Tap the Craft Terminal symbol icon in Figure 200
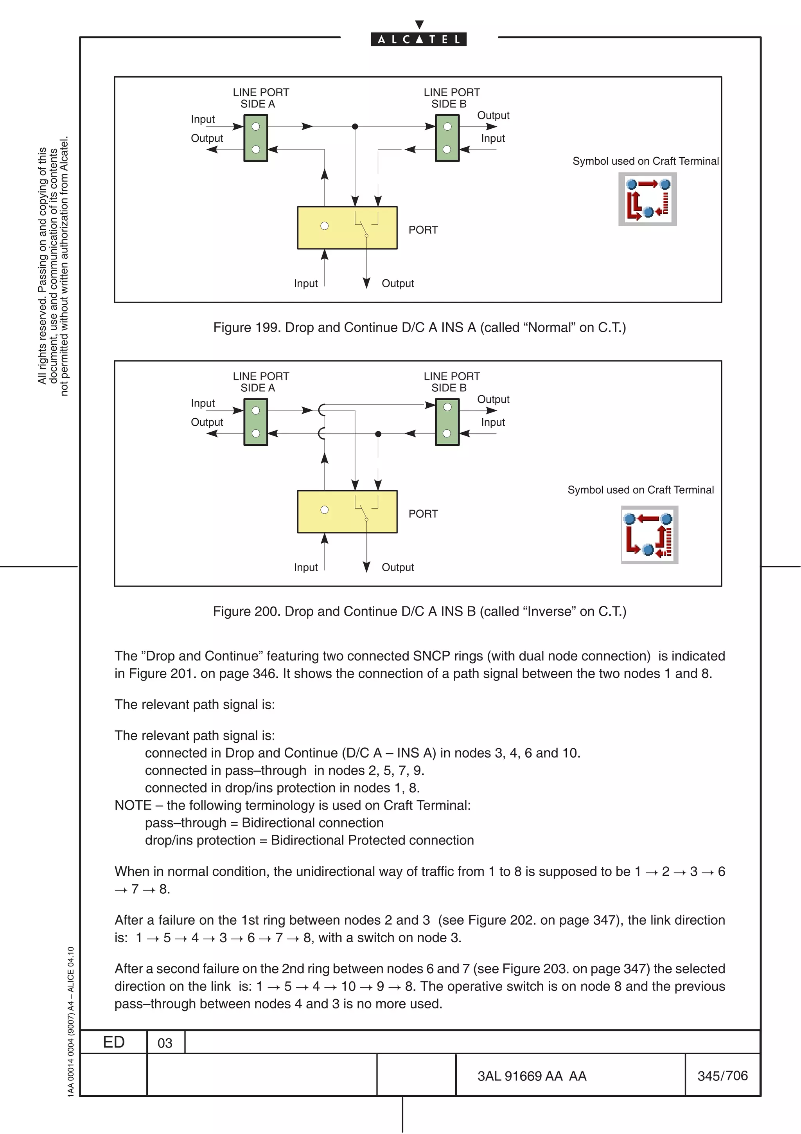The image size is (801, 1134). pos(650,535)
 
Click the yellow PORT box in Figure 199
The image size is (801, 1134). pos(347,228)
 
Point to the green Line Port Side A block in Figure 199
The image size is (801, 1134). pos(256,138)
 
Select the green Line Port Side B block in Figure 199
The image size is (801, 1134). pos(447,138)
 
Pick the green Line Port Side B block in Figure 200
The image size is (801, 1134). pos(447,422)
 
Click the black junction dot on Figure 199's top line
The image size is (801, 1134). pos(355,126)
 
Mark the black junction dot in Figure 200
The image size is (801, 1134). pos(378,434)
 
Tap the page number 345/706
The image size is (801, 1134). pos(722,1076)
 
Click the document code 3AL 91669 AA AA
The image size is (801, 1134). pos(532,1076)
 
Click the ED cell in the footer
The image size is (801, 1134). pos(113,1042)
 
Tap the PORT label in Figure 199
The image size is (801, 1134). pos(423,230)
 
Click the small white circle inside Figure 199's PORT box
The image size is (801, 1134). pos(324,226)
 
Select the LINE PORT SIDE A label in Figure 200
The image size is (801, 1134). pos(260,382)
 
